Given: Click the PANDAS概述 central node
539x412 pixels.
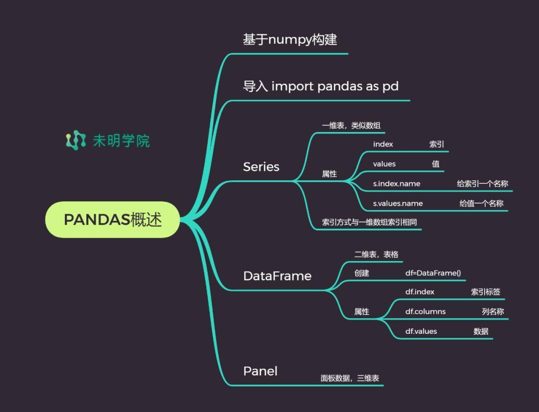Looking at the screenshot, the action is [x=112, y=220].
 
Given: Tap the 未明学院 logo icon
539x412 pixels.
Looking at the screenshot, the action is [x=76, y=140].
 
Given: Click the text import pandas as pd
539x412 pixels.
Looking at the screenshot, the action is [x=335, y=87].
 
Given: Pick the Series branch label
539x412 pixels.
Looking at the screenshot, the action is [x=261, y=167].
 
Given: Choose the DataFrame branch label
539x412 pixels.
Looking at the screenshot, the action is [x=277, y=276].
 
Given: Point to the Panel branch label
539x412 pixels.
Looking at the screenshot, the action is [x=260, y=371].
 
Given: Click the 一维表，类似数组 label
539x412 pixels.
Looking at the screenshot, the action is [x=351, y=126].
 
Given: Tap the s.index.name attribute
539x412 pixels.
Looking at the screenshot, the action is [x=397, y=184].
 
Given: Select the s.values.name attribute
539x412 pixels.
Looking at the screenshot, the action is [x=398, y=203].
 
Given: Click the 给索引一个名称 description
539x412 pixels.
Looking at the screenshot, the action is [x=482, y=184].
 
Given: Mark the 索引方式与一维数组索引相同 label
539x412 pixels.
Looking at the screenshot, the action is [x=369, y=222].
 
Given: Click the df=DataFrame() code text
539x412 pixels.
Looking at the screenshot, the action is [x=433, y=273].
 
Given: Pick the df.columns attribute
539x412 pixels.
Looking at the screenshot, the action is [x=425, y=311].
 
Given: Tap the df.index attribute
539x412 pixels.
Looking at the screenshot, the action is [x=420, y=292].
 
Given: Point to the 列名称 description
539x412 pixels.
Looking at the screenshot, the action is [x=493, y=311].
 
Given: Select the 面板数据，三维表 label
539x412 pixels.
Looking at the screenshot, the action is [x=349, y=378].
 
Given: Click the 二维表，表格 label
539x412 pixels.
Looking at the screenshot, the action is [x=376, y=255].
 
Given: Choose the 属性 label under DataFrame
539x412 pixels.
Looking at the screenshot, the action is [x=362, y=311].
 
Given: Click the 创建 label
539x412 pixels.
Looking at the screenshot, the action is [x=362, y=273].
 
